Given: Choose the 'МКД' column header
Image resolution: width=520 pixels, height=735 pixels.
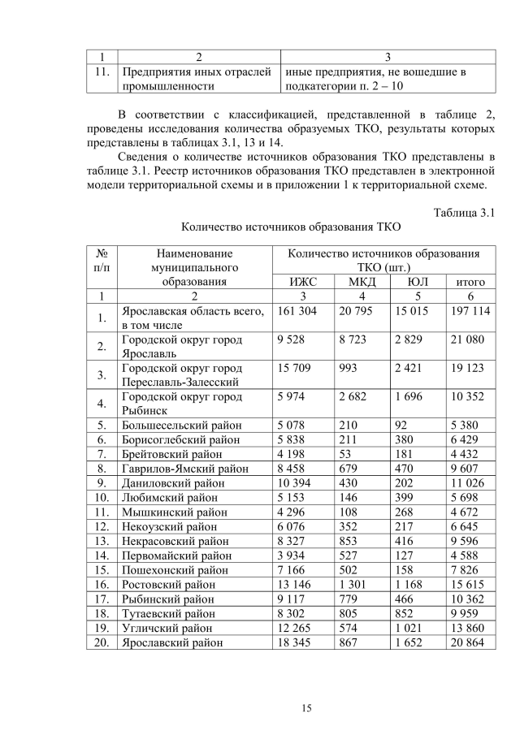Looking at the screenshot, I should pyautogui.click(x=362, y=282).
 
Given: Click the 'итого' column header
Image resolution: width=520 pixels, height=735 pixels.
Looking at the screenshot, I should pyautogui.click(x=470, y=282).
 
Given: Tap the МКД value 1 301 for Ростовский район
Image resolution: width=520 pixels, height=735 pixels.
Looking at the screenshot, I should pyautogui.click(x=353, y=583).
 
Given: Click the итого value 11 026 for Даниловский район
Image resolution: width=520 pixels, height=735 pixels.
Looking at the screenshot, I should pyautogui.click(x=469, y=482).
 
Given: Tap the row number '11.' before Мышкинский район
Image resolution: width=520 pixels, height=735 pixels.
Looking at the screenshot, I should pyautogui.click(x=102, y=511).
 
